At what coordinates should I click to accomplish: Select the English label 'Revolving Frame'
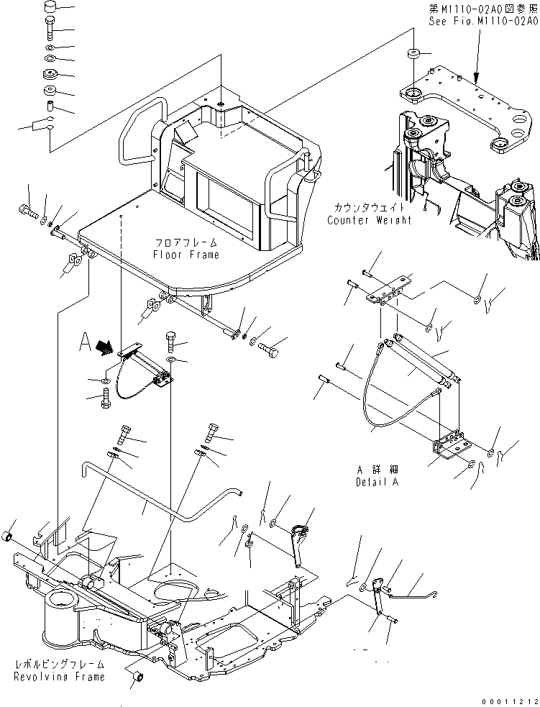tap(59, 676)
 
